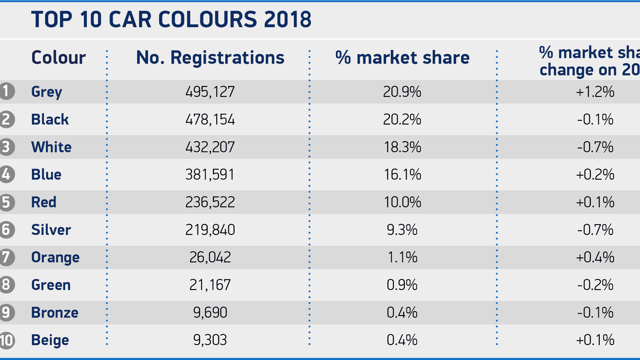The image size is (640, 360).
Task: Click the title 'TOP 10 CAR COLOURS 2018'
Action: tap(171, 19)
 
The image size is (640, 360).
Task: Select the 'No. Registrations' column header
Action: tap(210, 58)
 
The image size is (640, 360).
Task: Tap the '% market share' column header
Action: tap(402, 58)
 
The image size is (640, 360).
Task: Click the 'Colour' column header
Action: tap(58, 58)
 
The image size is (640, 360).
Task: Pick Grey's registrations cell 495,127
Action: tap(210, 92)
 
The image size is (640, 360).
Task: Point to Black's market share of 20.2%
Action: tap(402, 120)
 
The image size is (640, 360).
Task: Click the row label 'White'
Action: tap(51, 147)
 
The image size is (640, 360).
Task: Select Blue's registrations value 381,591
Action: tap(210, 175)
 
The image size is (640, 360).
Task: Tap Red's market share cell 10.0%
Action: tap(402, 202)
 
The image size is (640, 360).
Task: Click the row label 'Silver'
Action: tap(51, 230)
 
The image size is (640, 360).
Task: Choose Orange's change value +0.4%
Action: tap(595, 257)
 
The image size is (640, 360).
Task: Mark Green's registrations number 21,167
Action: tap(210, 285)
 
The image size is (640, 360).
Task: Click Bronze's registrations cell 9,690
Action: tap(210, 312)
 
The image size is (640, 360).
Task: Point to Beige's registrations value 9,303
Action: tap(210, 340)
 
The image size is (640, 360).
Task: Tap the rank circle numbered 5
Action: tap(6, 202)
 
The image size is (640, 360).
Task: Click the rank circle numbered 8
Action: tap(6, 285)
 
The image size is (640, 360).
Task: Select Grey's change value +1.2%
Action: tap(595, 92)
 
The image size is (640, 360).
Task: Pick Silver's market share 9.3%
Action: tap(402, 230)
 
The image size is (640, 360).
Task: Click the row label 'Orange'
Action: tap(55, 258)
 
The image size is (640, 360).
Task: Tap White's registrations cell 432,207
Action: tap(210, 147)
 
